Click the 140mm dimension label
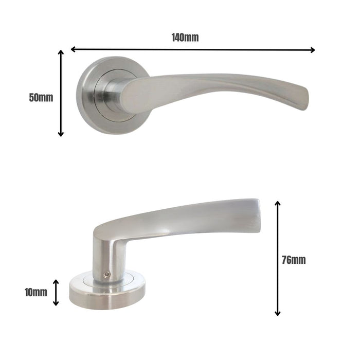[185, 38]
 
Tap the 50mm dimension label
[41, 97]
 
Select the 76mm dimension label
[294, 260]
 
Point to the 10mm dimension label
[35, 293]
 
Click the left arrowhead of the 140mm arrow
[73, 49]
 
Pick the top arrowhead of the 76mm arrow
[278, 204]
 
